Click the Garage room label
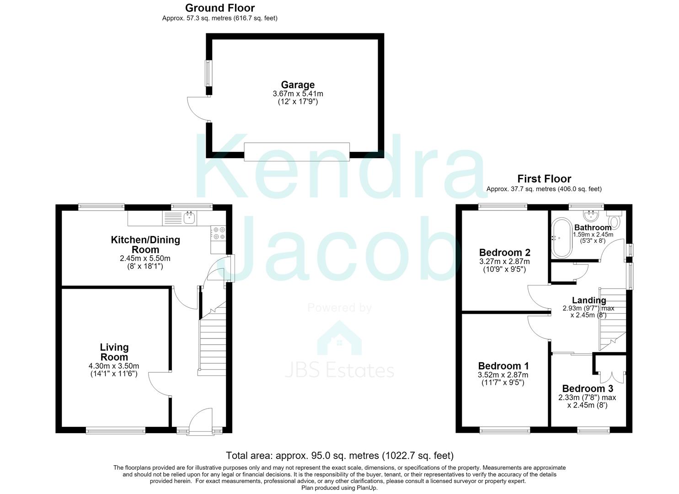coord(298,85)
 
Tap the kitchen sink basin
coord(190,218)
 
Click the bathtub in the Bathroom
coord(561,237)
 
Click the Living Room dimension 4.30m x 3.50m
coord(114,366)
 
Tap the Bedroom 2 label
coord(505,252)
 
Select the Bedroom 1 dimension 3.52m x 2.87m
coord(503,375)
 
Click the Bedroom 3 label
coord(588,388)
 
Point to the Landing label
coord(589,300)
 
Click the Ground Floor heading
coord(220,8)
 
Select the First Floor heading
coord(544,178)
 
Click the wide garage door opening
coord(297,151)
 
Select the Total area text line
coord(340,456)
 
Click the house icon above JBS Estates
coord(339,338)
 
